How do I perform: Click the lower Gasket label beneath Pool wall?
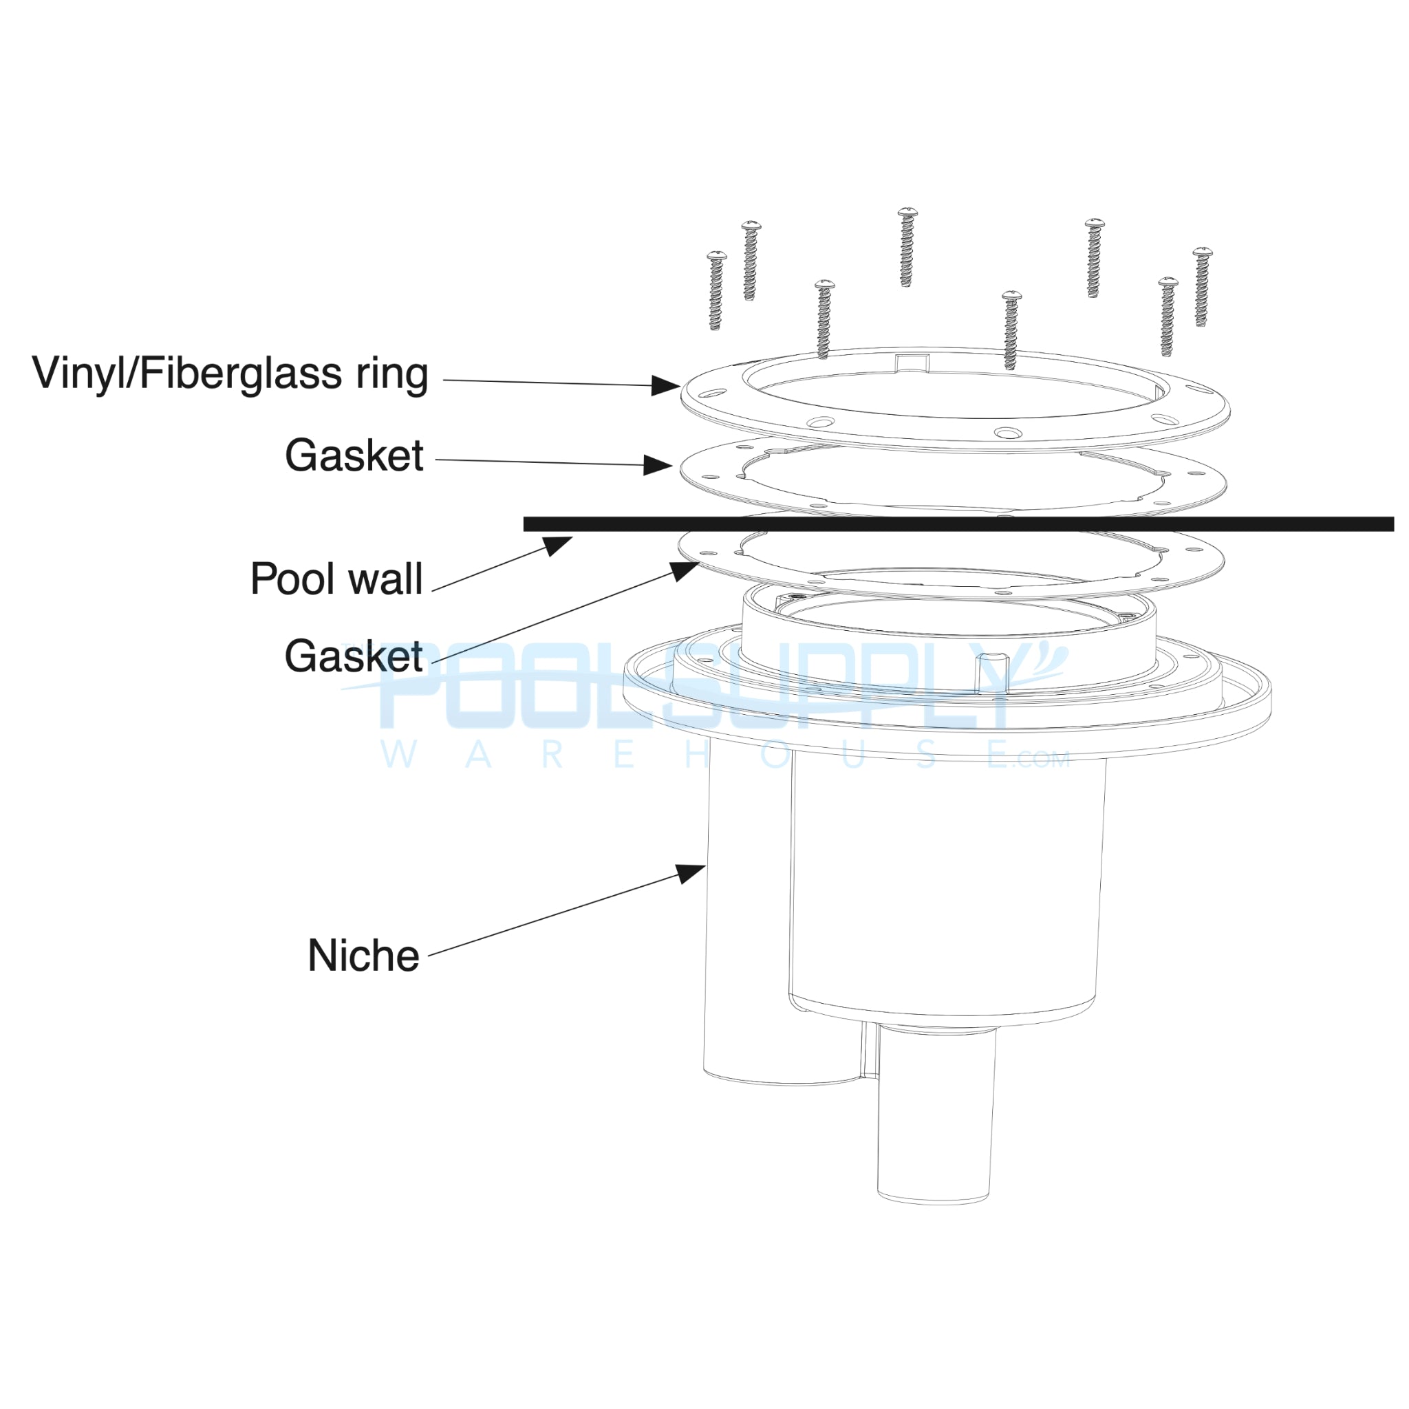tap(354, 656)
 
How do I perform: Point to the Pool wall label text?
tap(336, 579)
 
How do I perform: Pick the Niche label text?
tap(363, 956)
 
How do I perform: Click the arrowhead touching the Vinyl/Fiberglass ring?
tap(665, 385)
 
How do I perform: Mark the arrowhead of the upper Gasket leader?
tap(658, 464)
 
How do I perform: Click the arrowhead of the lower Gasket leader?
tap(685, 570)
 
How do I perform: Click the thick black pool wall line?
tap(948, 524)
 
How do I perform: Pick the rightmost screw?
tap(1202, 287)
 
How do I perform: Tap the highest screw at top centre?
tap(907, 246)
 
